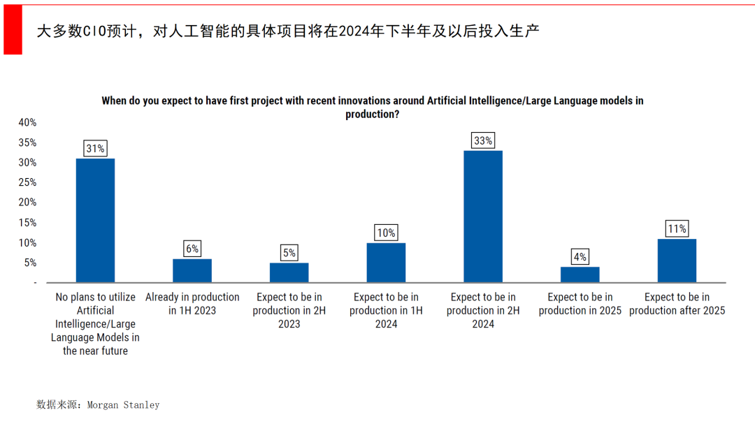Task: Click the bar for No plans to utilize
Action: (x=95, y=220)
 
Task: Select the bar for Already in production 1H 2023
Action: (x=192, y=270)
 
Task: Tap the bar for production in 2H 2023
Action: (x=289, y=272)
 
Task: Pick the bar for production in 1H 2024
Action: (x=386, y=263)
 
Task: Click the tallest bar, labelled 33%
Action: (x=483, y=217)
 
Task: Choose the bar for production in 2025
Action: (x=580, y=275)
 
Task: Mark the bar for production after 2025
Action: (x=677, y=261)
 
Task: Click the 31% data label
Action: (x=95, y=148)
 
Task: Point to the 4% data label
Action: (x=580, y=256)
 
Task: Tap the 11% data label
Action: (x=677, y=228)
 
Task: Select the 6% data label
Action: (x=192, y=249)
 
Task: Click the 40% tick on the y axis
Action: (x=27, y=122)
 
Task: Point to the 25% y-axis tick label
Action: (x=27, y=182)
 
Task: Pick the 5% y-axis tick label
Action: (x=30, y=263)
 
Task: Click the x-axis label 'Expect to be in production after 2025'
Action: (x=677, y=304)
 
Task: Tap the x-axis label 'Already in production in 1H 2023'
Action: (x=192, y=304)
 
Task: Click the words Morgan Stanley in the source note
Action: (x=123, y=404)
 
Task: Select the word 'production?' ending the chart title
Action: (x=372, y=114)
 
